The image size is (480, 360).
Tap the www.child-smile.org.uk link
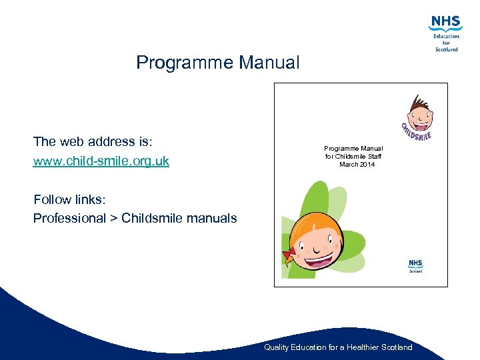[101, 161]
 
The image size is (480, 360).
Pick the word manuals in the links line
[213, 218]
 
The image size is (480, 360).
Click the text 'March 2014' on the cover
[357, 164]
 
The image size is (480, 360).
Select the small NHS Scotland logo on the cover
[416, 266]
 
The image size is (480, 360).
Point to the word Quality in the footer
[277, 347]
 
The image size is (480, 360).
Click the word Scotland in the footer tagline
[396, 347]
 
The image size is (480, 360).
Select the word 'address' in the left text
[111, 141]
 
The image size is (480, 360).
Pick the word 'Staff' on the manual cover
[374, 156]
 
